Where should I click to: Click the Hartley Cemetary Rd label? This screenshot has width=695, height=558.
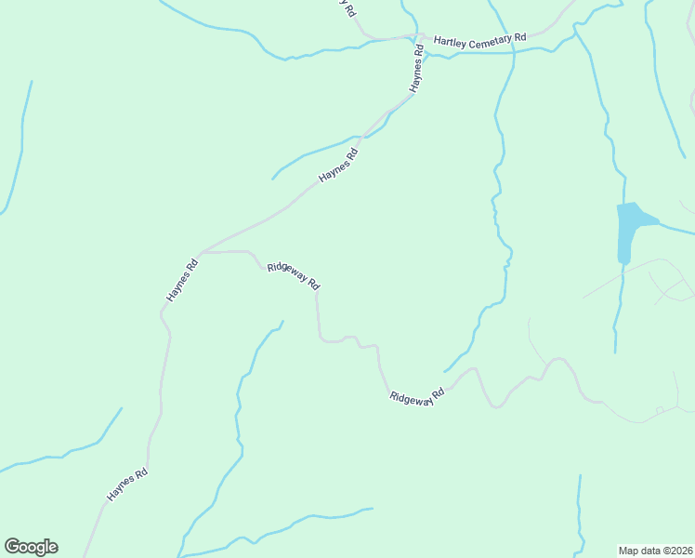(x=479, y=40)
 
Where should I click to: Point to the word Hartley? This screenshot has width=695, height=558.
(x=449, y=41)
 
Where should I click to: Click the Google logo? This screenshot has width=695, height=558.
(x=31, y=547)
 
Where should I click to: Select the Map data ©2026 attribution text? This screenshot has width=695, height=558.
(x=655, y=550)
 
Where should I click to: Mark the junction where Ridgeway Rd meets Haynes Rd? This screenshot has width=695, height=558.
(x=201, y=252)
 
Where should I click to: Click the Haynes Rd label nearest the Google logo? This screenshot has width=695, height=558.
(x=127, y=485)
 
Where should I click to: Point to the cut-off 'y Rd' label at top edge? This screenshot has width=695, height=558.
(x=347, y=8)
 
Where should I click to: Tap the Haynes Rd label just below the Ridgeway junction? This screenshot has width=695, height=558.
(x=182, y=279)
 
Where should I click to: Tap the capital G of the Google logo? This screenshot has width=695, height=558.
(x=12, y=547)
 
